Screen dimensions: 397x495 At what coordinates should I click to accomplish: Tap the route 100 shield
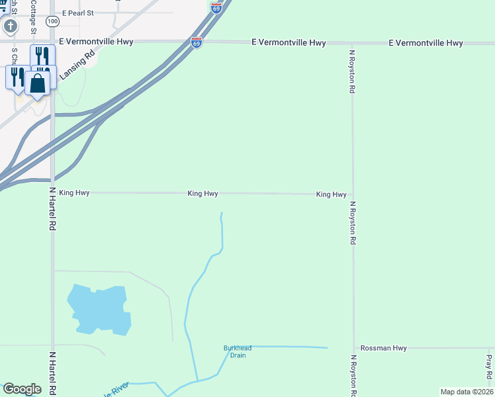click(x=53, y=22)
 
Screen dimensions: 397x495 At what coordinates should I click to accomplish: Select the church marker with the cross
click(x=10, y=26)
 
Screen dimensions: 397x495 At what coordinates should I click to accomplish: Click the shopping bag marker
click(x=38, y=84)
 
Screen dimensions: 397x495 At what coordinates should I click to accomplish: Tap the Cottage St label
click(x=33, y=17)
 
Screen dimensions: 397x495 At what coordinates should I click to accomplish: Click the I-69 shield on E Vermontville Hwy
click(x=197, y=42)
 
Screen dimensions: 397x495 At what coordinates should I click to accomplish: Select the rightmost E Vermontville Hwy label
click(x=426, y=43)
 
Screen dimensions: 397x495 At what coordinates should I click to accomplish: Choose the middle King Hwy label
click(x=202, y=194)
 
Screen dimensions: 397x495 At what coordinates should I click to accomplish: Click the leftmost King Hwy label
click(x=74, y=193)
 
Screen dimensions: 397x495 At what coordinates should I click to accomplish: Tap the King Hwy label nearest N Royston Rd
click(x=331, y=195)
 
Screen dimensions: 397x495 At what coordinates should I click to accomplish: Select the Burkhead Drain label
click(x=238, y=351)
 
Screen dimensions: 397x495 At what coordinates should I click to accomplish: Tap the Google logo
click(x=22, y=389)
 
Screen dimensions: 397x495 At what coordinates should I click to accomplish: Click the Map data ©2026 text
click(x=466, y=392)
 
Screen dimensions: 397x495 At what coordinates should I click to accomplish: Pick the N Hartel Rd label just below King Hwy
click(x=52, y=208)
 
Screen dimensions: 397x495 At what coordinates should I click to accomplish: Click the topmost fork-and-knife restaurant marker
click(x=41, y=56)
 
